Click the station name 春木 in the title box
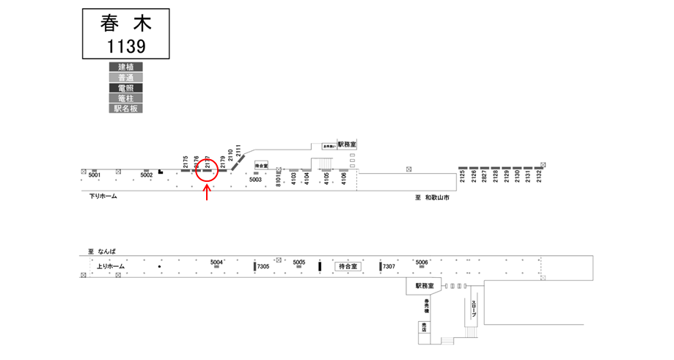tap(125, 23)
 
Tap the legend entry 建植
tap(125, 67)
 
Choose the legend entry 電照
tap(125, 87)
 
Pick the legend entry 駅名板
tap(125, 108)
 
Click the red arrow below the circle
tap(208, 192)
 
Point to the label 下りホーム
tap(98, 196)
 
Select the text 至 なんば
tap(103, 251)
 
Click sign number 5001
tap(94, 176)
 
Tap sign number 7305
tap(263, 266)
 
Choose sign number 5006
tap(422, 262)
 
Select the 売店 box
tap(424, 327)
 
